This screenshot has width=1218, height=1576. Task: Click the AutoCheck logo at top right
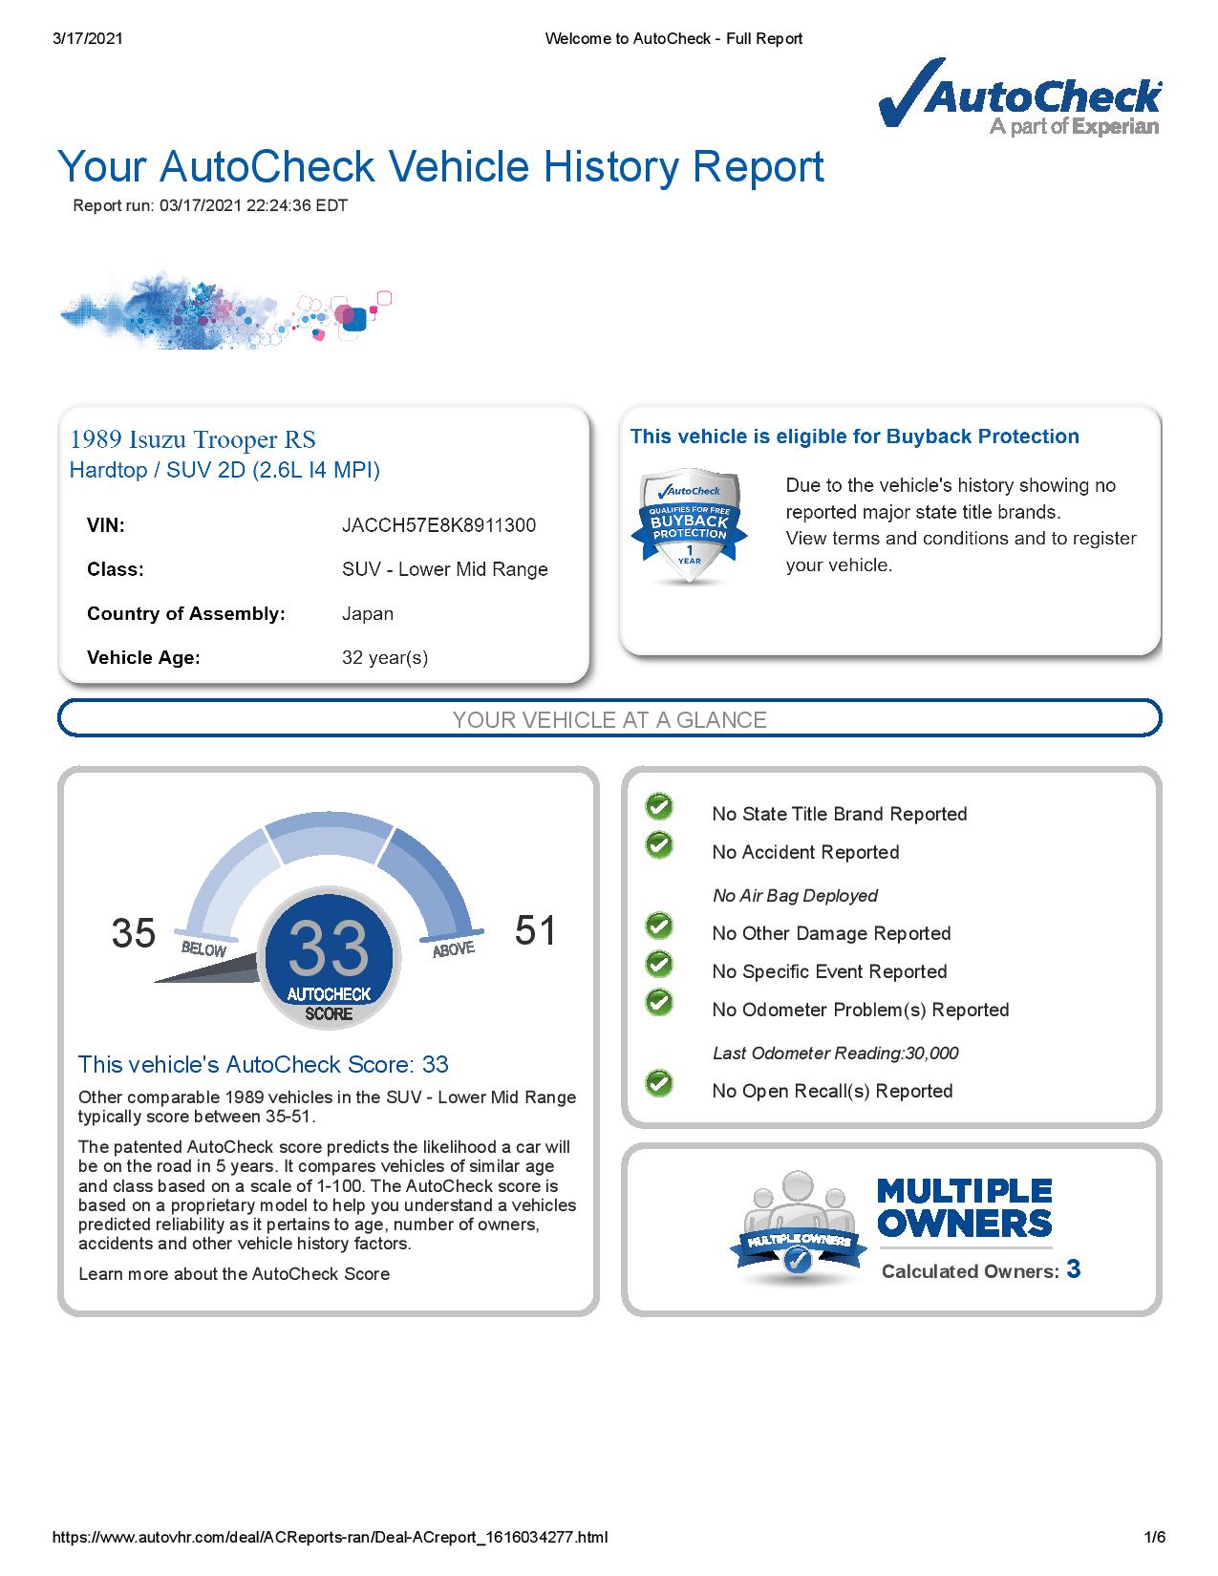(x=1020, y=97)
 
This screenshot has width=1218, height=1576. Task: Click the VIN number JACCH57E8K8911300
(x=438, y=525)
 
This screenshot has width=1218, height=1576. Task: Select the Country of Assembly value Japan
(x=368, y=613)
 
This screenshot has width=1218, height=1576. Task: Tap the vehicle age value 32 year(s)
(x=385, y=657)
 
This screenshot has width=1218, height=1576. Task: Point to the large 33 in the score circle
(x=328, y=948)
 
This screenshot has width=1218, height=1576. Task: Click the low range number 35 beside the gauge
(x=134, y=933)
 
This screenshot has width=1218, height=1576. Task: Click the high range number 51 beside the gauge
(x=535, y=930)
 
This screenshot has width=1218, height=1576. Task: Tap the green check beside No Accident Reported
(x=659, y=844)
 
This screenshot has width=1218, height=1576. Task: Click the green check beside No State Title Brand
(x=659, y=807)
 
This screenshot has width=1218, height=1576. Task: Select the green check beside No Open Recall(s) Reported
(x=659, y=1083)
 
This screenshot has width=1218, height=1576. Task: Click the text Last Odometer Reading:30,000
(x=835, y=1054)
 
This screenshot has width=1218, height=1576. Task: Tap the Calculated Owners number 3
(x=1074, y=1269)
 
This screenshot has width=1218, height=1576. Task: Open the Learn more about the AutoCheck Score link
(x=234, y=1273)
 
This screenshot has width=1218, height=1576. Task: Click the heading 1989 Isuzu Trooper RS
(x=193, y=439)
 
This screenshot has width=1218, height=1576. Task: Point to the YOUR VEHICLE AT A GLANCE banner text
(x=609, y=720)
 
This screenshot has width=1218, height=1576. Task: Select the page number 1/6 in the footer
(x=1155, y=1537)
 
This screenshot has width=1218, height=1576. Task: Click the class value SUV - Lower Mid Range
(x=445, y=569)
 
